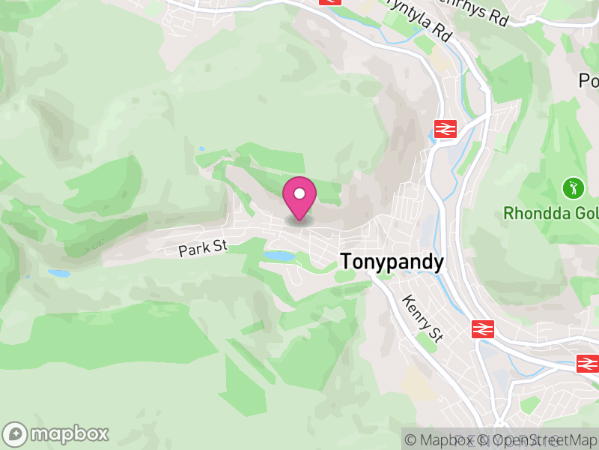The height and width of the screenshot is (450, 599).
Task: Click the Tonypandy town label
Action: click(392, 262)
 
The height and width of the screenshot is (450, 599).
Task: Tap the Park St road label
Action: click(202, 248)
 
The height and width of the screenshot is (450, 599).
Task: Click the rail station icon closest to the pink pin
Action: click(445, 128)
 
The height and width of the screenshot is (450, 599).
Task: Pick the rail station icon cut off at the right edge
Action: click(588, 364)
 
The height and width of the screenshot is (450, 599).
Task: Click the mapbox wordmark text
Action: click(69, 434)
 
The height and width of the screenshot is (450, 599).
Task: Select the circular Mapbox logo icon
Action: click(15, 434)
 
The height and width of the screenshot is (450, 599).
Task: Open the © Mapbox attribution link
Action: click(446, 440)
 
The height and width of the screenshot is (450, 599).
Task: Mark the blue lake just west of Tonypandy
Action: click(279, 256)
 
